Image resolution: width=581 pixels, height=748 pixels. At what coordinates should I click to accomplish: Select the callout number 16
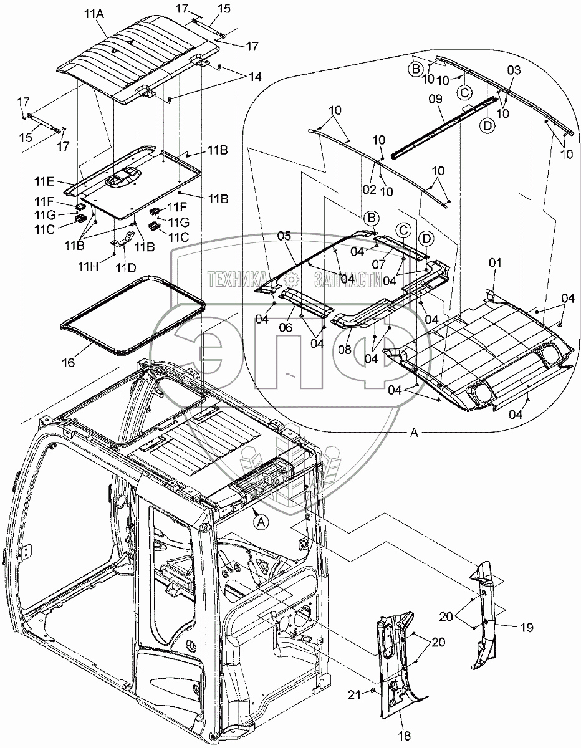click(x=69, y=363)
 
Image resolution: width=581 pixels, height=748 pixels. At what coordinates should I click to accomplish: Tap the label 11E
click(x=44, y=181)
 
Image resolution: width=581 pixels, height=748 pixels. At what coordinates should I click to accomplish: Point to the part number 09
click(x=435, y=99)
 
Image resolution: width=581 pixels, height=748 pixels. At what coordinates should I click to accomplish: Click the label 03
click(x=514, y=70)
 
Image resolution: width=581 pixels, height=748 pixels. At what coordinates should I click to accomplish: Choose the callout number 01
click(x=495, y=263)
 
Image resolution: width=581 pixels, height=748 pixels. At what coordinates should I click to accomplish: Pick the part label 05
click(x=284, y=236)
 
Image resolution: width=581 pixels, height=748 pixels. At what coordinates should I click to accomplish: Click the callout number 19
click(x=526, y=628)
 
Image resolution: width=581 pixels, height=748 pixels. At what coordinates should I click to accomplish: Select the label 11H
click(x=89, y=266)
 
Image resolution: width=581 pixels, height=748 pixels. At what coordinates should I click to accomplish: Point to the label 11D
click(x=126, y=267)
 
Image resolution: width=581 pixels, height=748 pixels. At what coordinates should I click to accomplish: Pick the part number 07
click(x=378, y=264)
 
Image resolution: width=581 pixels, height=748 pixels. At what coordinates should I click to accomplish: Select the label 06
click(x=286, y=327)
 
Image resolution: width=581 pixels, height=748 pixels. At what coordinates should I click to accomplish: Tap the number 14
click(x=255, y=77)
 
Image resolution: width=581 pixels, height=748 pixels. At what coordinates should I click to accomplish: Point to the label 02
click(x=369, y=189)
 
